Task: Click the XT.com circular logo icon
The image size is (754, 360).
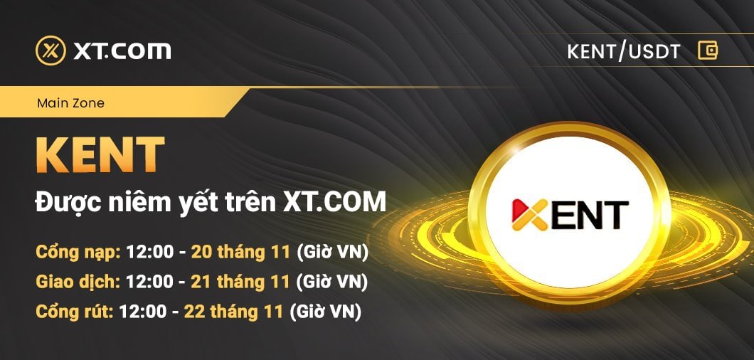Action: pyautogui.click(x=51, y=51)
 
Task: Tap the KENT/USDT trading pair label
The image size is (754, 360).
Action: pyautogui.click(x=624, y=51)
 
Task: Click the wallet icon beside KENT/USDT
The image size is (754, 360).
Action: pyautogui.click(x=707, y=51)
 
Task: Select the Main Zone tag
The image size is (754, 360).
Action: pyautogui.click(x=70, y=103)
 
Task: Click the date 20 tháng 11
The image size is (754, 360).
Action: pyautogui.click(x=240, y=252)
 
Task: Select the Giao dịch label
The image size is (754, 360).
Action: pyautogui.click(x=78, y=282)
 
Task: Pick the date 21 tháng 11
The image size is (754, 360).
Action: pyautogui.click(x=240, y=282)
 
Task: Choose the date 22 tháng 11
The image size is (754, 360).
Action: pyautogui.click(x=234, y=312)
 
